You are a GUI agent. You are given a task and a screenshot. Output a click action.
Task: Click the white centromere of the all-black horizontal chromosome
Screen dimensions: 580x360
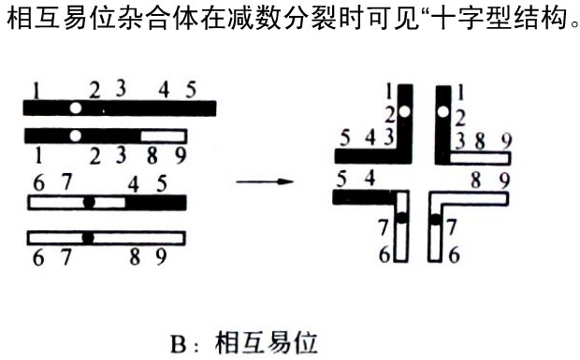point(75,108)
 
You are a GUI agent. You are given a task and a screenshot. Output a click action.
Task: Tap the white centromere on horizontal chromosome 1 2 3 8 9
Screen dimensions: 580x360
point(75,137)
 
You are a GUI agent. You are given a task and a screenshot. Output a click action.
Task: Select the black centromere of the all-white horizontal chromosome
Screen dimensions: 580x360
point(88,238)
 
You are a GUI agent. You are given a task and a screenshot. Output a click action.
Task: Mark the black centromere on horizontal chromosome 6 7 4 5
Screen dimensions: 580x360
point(89,202)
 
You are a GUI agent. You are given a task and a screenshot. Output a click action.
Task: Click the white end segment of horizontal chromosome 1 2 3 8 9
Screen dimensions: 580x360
point(163,137)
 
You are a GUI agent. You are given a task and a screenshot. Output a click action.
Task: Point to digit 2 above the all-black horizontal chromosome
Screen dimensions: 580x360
point(94,91)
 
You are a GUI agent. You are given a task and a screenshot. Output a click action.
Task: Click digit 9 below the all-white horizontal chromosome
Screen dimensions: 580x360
point(161,257)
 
